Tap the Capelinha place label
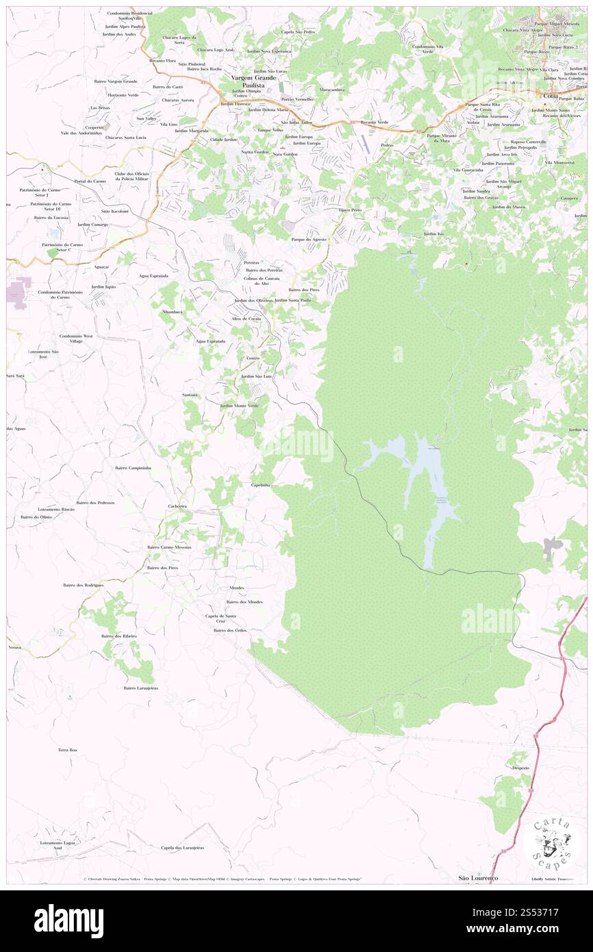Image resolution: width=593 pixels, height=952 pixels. pos(261,485)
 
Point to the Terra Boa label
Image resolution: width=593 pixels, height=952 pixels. pos(67,751)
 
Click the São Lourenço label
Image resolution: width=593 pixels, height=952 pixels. pos(478,877)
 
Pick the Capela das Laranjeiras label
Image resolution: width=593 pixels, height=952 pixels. pos(182,847)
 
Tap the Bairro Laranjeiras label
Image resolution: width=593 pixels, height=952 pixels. pos(140,688)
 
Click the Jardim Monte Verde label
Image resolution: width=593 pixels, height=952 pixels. pos(239,405)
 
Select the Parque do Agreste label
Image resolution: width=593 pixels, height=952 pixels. pos(310,239)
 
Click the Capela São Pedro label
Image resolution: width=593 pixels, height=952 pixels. pos(298,32)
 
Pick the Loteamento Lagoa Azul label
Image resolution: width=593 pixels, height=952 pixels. pos(58,844)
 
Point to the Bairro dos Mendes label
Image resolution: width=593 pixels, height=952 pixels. pos(244,602)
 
